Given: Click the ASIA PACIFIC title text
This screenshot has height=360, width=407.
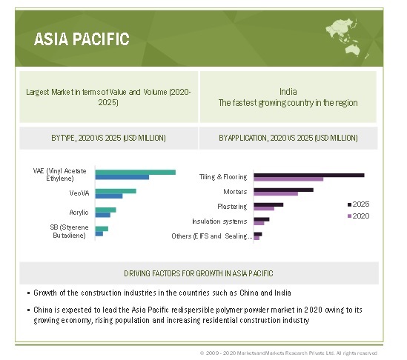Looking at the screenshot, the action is [x=82, y=39].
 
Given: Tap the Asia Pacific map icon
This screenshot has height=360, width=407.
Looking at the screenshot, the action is [x=345, y=38].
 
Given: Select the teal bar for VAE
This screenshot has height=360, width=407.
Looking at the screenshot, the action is [x=136, y=172].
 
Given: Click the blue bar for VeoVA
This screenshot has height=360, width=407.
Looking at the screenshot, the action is [x=109, y=196].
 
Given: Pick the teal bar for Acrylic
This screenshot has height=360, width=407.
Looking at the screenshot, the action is [x=106, y=210].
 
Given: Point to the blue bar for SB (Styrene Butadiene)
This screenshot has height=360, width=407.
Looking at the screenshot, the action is [x=99, y=234].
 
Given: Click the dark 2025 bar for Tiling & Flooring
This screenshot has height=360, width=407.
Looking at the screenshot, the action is [x=309, y=176].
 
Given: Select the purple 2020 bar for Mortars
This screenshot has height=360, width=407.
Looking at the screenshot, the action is [x=276, y=194].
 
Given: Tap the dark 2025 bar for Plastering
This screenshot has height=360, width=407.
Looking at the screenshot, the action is [x=268, y=204].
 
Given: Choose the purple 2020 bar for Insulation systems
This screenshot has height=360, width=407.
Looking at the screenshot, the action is [x=259, y=223].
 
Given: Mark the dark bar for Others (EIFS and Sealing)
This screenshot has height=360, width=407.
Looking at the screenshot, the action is [x=258, y=234].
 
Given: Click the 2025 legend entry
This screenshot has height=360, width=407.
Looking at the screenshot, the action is [x=359, y=204].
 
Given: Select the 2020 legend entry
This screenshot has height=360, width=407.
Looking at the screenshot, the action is [x=359, y=216].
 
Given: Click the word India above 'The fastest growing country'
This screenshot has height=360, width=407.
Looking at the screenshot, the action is [x=288, y=92].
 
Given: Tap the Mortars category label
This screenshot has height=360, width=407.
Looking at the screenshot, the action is [x=235, y=192].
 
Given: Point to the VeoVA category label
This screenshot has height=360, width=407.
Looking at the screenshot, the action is [x=79, y=193].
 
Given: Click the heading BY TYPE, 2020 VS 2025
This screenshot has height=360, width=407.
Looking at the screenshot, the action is [x=108, y=138].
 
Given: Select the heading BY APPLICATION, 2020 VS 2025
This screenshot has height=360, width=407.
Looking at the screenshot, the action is [x=288, y=138].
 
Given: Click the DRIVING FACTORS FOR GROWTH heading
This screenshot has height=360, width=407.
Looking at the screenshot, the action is [x=199, y=273].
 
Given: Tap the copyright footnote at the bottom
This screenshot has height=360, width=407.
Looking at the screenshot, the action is [x=288, y=353].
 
